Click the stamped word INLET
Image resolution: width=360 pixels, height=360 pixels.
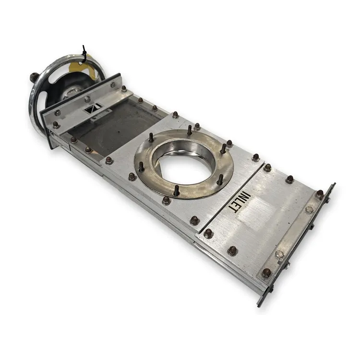(x=240, y=203)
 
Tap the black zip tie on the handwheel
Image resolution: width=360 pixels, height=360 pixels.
(x=84, y=53)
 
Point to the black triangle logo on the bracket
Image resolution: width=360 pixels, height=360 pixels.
(x=93, y=108)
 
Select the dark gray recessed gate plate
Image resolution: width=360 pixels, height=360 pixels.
(x=115, y=128)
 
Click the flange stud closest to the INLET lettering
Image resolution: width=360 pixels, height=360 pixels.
(x=220, y=180)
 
